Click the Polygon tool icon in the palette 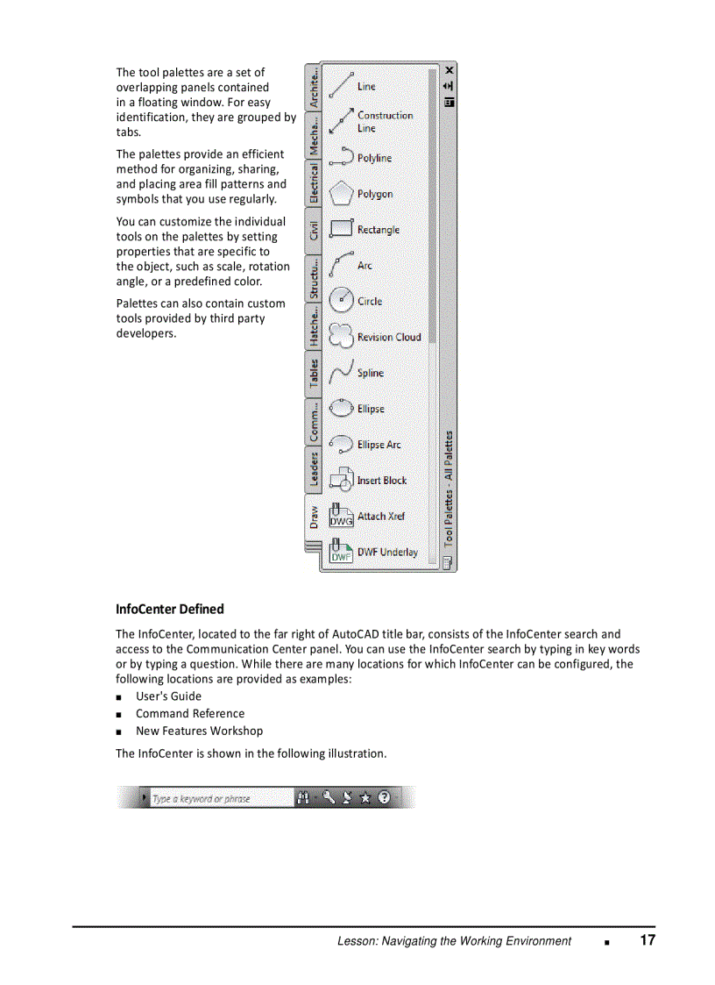pos(340,193)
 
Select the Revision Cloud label pos(388,337)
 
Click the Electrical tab pos(314,183)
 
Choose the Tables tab pos(314,374)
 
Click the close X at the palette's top pos(450,69)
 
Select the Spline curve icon pos(340,373)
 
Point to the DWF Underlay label pos(387,553)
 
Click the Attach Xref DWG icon pos(340,517)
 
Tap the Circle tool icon pos(340,301)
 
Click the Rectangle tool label pos(378,230)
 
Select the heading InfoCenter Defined pos(170,609)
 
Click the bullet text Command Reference pos(190,714)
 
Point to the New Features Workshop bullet pos(199,731)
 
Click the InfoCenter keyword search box pos(219,798)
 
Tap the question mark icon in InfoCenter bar pos(384,797)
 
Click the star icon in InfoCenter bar pos(365,798)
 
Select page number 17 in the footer pos(647,940)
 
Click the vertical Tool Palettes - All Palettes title pos(449,487)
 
